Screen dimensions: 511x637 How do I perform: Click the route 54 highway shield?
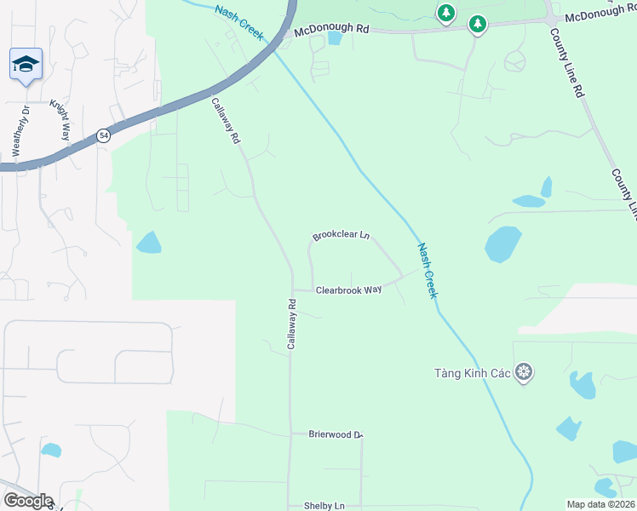tap(103, 135)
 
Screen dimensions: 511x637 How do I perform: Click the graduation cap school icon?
tap(26, 64)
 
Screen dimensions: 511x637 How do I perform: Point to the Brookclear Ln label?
tap(341, 235)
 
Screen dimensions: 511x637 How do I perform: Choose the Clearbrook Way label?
tap(348, 290)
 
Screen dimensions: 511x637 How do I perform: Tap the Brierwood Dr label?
tap(336, 434)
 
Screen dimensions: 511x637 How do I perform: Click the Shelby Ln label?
tap(324, 506)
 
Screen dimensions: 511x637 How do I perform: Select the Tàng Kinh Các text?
tap(471, 373)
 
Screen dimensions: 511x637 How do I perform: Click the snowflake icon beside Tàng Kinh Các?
tap(524, 372)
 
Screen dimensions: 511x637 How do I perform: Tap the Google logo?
tap(27, 501)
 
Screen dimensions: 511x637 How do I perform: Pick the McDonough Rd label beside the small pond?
tap(331, 30)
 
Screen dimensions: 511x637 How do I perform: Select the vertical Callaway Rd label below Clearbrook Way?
tap(291, 324)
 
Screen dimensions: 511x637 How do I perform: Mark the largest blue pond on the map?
tap(502, 244)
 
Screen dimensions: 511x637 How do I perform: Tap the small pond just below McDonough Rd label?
tap(334, 39)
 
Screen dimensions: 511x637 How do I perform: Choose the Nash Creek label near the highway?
tap(240, 23)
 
